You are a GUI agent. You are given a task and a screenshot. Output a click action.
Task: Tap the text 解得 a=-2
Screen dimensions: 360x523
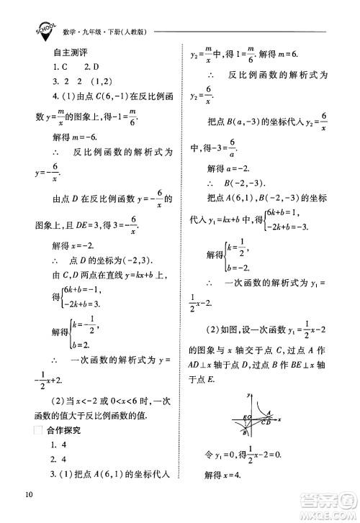233,168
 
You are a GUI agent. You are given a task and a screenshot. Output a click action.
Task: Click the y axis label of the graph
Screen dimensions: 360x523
248,395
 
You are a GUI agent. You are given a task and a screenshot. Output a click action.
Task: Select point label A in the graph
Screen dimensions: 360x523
269,413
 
